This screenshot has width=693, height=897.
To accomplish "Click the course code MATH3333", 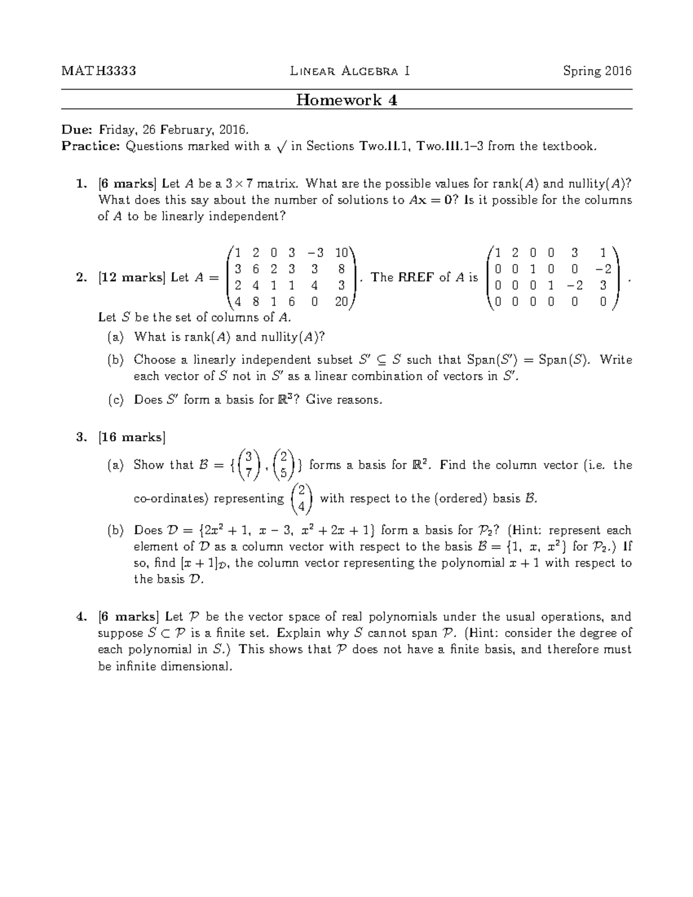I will [99, 71].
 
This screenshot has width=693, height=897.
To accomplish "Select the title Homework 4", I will [346, 100].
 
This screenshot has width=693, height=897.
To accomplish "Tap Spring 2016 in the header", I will [597, 71].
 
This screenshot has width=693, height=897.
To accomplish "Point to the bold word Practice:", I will [91, 146].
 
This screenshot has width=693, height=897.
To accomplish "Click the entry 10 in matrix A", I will [341, 252].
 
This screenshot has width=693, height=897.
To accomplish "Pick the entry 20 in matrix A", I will [341, 301].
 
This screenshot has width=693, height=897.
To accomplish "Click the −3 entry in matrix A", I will [315, 252].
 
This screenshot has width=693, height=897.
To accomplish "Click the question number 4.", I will [81, 616].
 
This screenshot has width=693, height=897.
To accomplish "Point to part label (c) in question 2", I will [115, 400].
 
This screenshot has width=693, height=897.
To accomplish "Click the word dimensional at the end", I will [198, 666].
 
